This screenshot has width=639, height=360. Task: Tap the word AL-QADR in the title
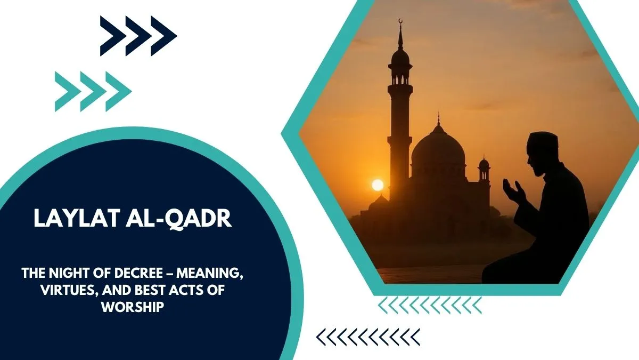[179, 219]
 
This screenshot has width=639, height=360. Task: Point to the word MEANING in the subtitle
[210, 274]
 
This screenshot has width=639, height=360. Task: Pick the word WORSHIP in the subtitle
[133, 307]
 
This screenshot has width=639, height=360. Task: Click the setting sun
[378, 185]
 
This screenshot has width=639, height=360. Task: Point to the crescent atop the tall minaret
[401, 21]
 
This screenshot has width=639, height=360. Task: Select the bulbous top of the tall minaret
[400, 57]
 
